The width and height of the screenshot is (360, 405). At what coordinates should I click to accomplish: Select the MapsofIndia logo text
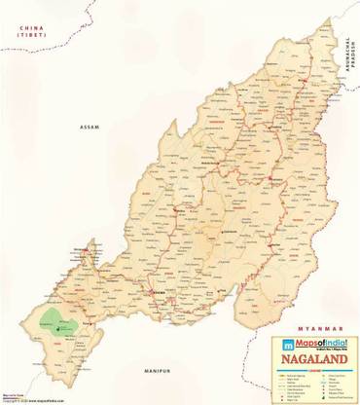point(317,342)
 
